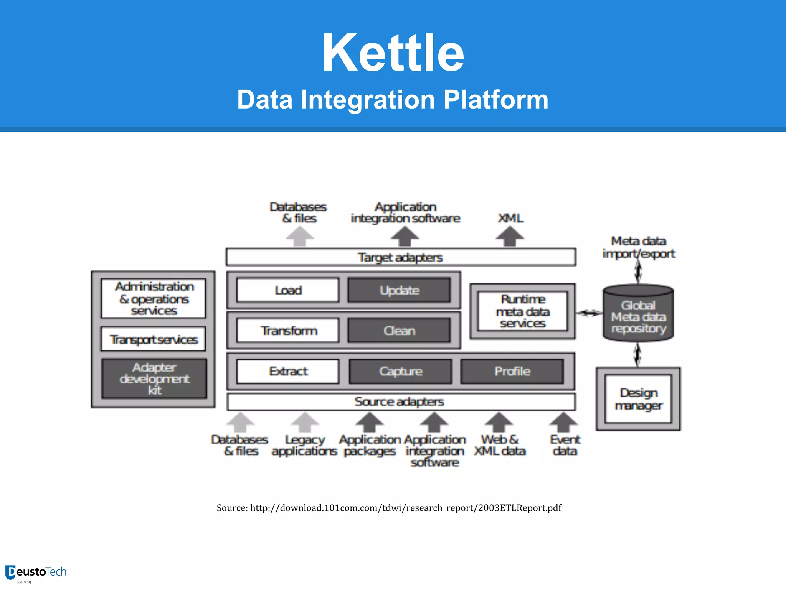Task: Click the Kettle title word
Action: point(393,53)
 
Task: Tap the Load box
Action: point(288,290)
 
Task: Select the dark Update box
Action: point(399,290)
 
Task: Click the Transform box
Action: point(288,331)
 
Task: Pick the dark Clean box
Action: point(399,331)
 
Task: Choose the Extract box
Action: point(288,371)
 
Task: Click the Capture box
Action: point(400,371)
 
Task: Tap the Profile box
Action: point(512,371)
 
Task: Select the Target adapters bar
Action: point(401,257)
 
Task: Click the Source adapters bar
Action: point(401,402)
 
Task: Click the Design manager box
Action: point(638,399)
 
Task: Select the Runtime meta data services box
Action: point(522,311)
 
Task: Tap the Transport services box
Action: point(154,339)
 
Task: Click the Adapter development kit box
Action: point(154,378)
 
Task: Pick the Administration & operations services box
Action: point(154,298)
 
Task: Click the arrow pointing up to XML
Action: point(510,236)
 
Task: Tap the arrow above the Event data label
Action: point(563,422)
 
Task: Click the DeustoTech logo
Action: point(36,573)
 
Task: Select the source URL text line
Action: point(389,508)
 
